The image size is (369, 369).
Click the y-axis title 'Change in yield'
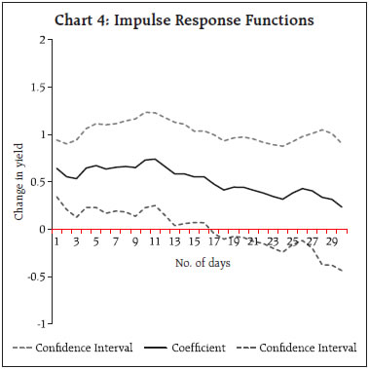pos(19,181)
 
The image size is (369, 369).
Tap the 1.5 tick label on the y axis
pos(41,87)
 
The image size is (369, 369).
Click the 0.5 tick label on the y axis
pos(41,181)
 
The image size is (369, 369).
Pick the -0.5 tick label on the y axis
pos(39,276)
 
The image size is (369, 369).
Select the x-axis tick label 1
pos(57,240)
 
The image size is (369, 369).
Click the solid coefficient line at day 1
pos(57,168)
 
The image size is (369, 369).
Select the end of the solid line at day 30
pos(342,206)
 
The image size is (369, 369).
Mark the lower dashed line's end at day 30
pos(342,270)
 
